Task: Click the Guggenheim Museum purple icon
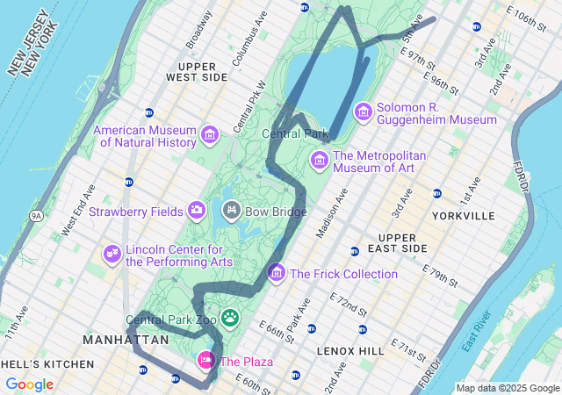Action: pyautogui.click(x=363, y=112)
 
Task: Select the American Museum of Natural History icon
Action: pyautogui.click(x=209, y=135)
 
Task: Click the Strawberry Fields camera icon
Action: pyautogui.click(x=197, y=211)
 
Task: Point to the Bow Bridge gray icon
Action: pyautogui.click(x=232, y=211)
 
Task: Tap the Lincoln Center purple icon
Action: pyautogui.click(x=112, y=254)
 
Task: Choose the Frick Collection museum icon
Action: pyautogui.click(x=277, y=274)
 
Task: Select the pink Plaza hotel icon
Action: pyautogui.click(x=205, y=361)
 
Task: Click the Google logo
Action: pyautogui.click(x=29, y=384)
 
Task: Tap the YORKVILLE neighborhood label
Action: pyautogui.click(x=464, y=215)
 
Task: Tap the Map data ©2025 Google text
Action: pyautogui.click(x=507, y=388)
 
